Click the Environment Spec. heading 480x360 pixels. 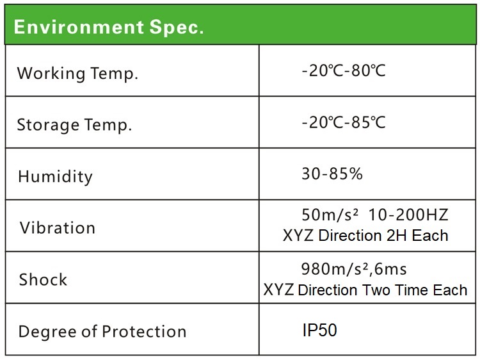[109, 27]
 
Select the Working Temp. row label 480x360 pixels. [77, 74]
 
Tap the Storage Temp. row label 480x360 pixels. [74, 126]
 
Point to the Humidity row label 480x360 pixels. [55, 177]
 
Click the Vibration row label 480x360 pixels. [58, 228]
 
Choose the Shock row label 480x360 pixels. [43, 279]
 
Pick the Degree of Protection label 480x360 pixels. [102, 332]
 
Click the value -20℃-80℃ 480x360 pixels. [344, 70]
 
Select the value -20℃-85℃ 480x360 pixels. [344, 122]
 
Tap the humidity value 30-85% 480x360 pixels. [332, 174]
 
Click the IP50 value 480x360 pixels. [319, 330]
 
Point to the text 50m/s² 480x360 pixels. [330, 215]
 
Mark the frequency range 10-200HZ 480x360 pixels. [408, 215]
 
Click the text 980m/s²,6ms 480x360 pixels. [354, 269]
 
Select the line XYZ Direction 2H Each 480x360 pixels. [365, 236]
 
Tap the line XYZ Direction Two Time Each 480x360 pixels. [365, 290]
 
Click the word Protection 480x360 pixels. [144, 332]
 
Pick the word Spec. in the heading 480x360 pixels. [177, 28]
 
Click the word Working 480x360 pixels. [51, 74]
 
